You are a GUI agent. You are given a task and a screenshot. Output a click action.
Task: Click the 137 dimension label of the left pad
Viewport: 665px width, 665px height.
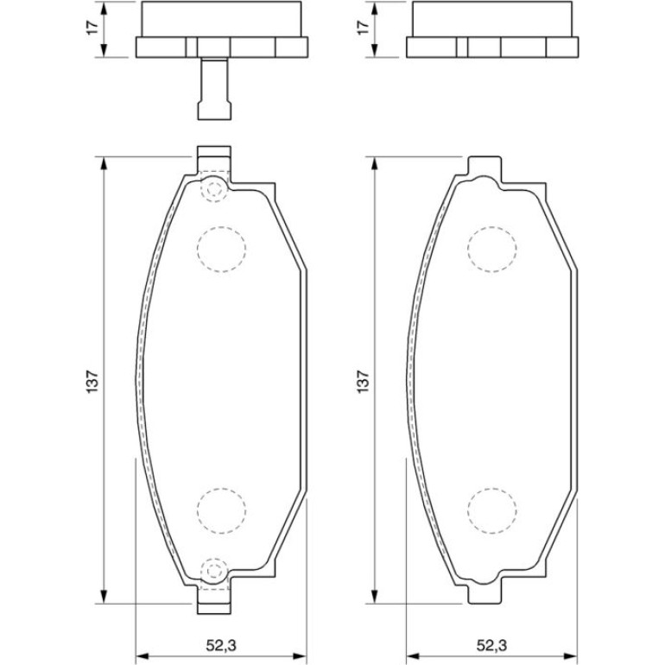[92, 381]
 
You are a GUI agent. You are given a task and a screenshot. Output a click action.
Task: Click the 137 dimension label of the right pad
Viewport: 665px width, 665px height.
[364, 381]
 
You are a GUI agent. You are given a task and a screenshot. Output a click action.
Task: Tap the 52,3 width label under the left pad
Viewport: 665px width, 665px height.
[221, 645]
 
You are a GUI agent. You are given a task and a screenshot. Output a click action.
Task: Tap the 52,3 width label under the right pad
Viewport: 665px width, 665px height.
[492, 645]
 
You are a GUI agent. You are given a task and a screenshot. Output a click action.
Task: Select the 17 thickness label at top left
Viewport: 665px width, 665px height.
[92, 27]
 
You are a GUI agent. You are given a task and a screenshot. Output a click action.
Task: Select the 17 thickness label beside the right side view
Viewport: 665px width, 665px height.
[364, 27]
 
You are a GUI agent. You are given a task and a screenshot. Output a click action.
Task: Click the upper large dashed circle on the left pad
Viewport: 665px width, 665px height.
[221, 250]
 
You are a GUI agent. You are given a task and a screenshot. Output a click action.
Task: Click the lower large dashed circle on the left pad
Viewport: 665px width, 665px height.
[221, 510]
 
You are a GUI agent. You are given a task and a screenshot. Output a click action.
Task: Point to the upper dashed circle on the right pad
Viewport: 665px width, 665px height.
[492, 250]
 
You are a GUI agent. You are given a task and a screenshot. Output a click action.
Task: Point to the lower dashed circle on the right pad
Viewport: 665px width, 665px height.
[492, 510]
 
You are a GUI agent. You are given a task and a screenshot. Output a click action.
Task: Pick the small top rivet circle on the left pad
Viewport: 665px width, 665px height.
[214, 190]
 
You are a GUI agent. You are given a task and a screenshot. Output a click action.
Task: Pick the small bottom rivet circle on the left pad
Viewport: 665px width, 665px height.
[214, 571]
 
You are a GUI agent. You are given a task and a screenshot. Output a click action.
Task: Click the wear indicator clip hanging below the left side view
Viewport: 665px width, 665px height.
[214, 89]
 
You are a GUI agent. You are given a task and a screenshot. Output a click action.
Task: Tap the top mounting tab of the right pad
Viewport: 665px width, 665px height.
[484, 166]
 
